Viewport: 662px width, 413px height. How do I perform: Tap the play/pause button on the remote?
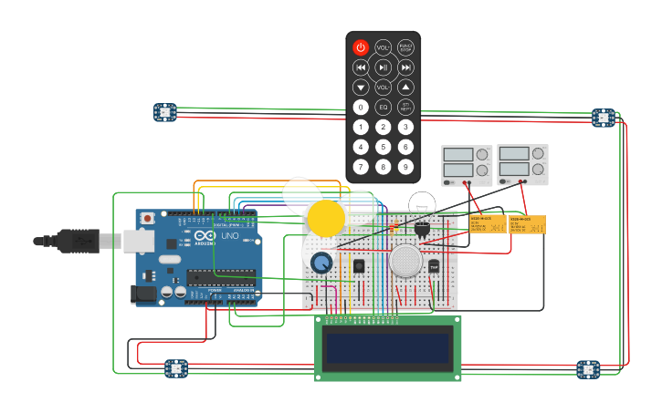point(384,67)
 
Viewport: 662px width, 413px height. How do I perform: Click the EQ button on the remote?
point(384,108)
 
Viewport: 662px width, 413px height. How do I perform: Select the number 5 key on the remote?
point(384,147)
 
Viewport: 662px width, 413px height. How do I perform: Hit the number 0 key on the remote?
point(361,108)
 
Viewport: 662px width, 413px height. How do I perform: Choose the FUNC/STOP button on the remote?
point(406,47)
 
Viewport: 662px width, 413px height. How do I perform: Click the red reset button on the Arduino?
point(147,220)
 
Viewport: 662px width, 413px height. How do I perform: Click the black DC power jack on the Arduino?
point(143,294)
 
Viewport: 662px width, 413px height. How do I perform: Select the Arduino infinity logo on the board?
point(201,237)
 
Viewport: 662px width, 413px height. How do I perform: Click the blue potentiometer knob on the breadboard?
point(321,263)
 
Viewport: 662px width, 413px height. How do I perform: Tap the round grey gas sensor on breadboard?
point(405,261)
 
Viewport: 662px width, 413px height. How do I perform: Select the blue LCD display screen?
point(388,347)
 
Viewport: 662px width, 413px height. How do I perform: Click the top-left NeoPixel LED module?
point(165,112)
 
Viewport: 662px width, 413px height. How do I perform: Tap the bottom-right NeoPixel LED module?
point(588,369)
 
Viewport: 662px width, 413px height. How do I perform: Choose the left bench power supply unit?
point(467,165)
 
